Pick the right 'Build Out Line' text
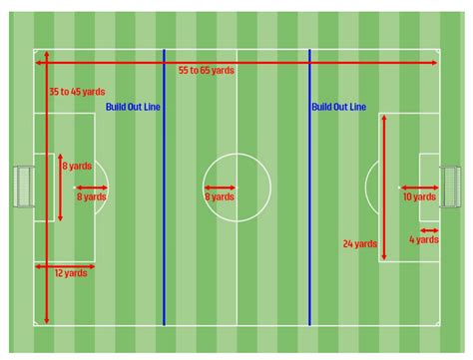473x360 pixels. (338, 106)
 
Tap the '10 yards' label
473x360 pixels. (419, 197)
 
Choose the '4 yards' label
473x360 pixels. (423, 239)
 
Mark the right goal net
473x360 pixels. (452, 186)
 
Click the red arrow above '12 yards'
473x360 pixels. (65, 265)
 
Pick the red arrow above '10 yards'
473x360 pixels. (419, 186)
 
